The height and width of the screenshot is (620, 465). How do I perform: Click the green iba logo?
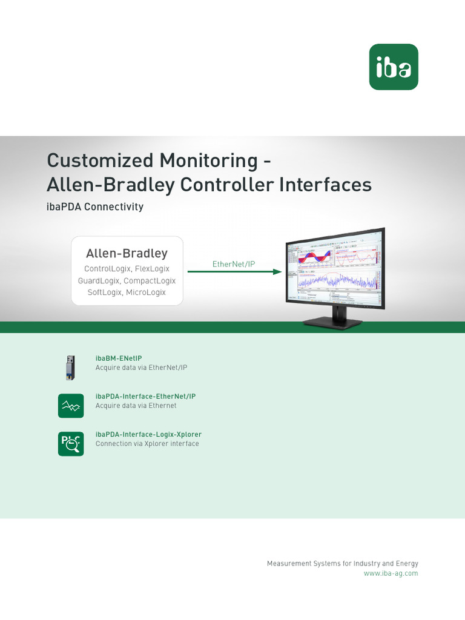pos(394,67)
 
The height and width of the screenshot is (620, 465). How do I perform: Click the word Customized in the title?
pos(100,160)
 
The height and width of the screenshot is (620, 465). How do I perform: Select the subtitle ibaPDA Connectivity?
pos(95,207)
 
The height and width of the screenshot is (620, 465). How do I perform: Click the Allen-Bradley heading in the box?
pos(127,253)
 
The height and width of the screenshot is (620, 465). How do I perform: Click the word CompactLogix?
pos(150,281)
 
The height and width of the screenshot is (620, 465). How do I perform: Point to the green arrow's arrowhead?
pos(278,272)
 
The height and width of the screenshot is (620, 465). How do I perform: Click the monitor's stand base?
pos(332,323)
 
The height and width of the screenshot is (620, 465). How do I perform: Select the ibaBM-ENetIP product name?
pos(119,358)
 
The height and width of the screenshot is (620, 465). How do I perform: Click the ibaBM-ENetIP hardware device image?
pos(71,368)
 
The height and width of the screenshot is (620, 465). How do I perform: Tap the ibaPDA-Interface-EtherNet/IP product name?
pos(145,397)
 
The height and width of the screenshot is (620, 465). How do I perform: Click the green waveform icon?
pos(71,406)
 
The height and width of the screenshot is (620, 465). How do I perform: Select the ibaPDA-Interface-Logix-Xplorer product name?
pos(148,435)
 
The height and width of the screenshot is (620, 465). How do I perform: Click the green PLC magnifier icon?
pos(71,444)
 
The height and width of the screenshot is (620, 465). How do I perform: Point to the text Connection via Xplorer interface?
pos(147,444)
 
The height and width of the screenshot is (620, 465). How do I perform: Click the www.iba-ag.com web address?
pos(391,573)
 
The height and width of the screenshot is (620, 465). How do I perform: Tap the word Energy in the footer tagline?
pos(406,564)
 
